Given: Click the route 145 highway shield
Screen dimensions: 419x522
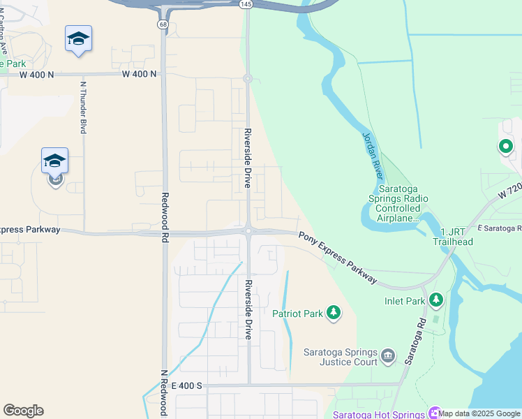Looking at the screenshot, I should click(246, 4).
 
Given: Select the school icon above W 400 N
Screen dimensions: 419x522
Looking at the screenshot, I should click(78, 39).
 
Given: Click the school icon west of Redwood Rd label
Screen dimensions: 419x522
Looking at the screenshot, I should click(54, 163).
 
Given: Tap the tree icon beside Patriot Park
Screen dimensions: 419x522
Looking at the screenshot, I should click(334, 313).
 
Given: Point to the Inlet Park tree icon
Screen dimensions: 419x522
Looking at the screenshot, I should click(436, 300).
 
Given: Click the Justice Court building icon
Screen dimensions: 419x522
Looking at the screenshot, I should click(389, 357).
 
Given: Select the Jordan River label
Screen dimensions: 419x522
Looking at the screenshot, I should click(373, 154).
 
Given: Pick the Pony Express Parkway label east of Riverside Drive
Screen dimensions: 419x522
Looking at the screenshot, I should click(338, 258).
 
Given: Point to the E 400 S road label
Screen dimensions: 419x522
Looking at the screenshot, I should click(184, 385).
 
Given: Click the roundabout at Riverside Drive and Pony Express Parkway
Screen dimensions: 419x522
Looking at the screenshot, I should click(248, 231).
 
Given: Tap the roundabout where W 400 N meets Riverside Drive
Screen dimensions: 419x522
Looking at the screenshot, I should click(248, 78).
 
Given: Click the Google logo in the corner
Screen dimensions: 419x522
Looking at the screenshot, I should click(23, 411).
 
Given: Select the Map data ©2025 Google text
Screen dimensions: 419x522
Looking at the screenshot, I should click(479, 413).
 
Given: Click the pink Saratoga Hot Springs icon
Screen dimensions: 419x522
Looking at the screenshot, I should click(435, 413).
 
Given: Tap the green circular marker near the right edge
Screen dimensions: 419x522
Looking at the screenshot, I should click(505, 147).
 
